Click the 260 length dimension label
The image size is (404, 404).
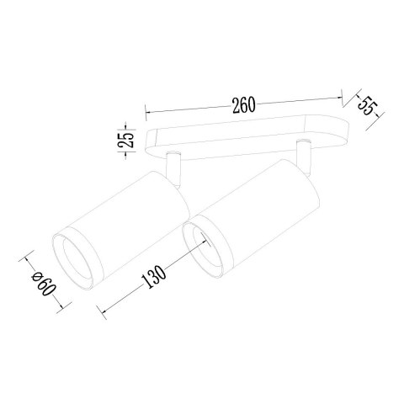tap(243, 105)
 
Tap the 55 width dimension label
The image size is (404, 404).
tap(368, 106)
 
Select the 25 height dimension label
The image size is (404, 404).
tap(127, 139)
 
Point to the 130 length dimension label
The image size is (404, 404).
tap(154, 277)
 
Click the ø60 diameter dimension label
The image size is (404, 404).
tap(44, 284)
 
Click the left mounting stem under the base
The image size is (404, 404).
tap(173, 169)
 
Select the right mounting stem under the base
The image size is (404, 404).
tap(303, 157)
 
